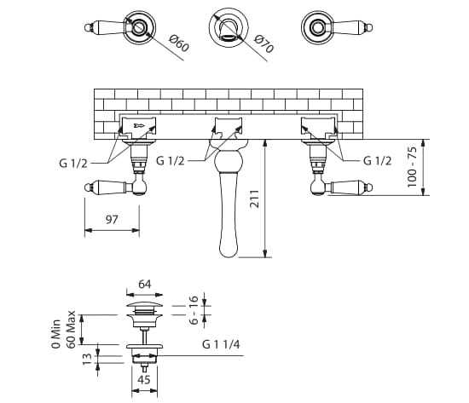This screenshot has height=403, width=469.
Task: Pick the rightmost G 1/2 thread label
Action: pos(379,160)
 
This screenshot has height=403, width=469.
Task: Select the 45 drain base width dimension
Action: pos(143,380)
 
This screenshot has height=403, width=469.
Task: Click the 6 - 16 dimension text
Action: pos(194,310)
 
